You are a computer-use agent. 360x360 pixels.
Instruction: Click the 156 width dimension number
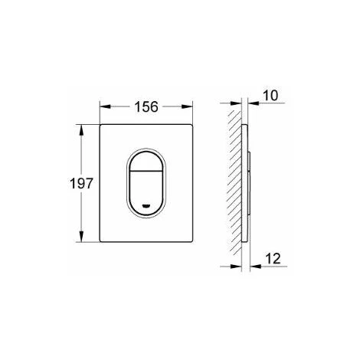point(146,106)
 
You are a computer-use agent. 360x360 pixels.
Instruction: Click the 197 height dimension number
point(81,183)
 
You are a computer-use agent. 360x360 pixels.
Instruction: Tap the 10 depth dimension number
point(270,96)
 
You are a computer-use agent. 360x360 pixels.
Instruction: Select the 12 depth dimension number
point(273,259)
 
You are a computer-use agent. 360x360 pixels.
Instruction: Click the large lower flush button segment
point(146,193)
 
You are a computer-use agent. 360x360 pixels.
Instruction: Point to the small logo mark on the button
point(146,205)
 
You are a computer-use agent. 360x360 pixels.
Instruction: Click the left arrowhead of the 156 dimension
point(105,106)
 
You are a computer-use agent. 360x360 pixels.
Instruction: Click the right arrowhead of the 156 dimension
point(187,106)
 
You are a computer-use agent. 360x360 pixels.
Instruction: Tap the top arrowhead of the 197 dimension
point(81,130)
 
